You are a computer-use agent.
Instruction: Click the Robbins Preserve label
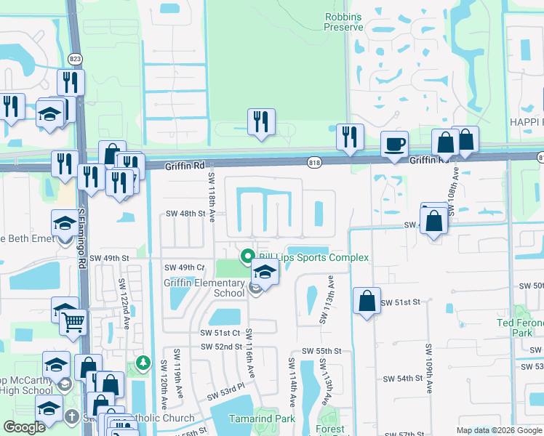coord(343,21)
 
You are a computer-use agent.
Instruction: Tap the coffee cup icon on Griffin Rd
coord(394,144)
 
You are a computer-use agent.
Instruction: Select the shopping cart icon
coord(73,321)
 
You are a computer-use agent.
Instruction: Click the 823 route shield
coord(76,58)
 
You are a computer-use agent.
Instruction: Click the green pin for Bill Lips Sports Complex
coord(247,257)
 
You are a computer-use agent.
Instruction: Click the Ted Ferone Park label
coord(519,327)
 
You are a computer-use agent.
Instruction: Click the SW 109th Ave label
coord(428,360)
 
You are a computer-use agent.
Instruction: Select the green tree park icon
coord(143,362)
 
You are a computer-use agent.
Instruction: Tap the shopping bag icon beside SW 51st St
coord(367,301)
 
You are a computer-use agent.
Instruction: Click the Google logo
coord(24,427)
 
